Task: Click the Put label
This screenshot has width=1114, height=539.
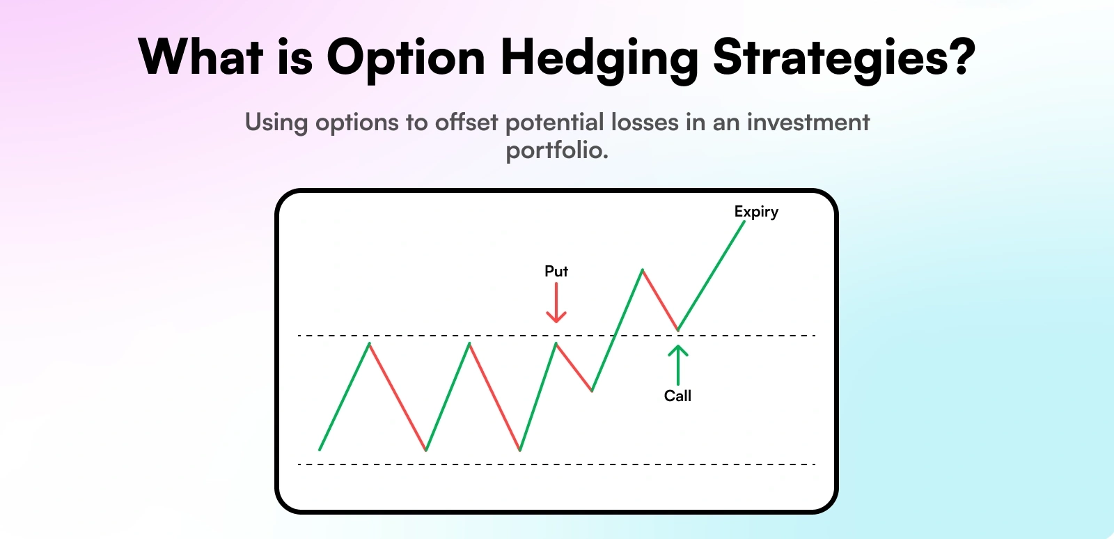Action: pos(556,271)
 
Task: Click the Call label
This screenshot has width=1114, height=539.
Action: pos(677,396)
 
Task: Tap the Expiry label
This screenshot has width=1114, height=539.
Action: pos(756,212)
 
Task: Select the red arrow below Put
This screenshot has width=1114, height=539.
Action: pos(556,304)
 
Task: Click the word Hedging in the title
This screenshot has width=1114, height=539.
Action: pos(599,58)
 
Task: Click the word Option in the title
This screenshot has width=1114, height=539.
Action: pos(405,58)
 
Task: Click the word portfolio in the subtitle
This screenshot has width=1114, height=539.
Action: pos(557,150)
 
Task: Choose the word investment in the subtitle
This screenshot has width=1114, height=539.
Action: pos(808,123)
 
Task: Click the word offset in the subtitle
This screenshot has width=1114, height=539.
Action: pos(466,123)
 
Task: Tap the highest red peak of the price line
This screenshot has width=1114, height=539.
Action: pos(642,269)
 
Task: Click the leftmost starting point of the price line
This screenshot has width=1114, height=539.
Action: pos(320,449)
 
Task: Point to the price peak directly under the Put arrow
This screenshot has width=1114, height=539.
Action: pos(556,343)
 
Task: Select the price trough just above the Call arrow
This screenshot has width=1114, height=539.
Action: pos(677,329)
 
